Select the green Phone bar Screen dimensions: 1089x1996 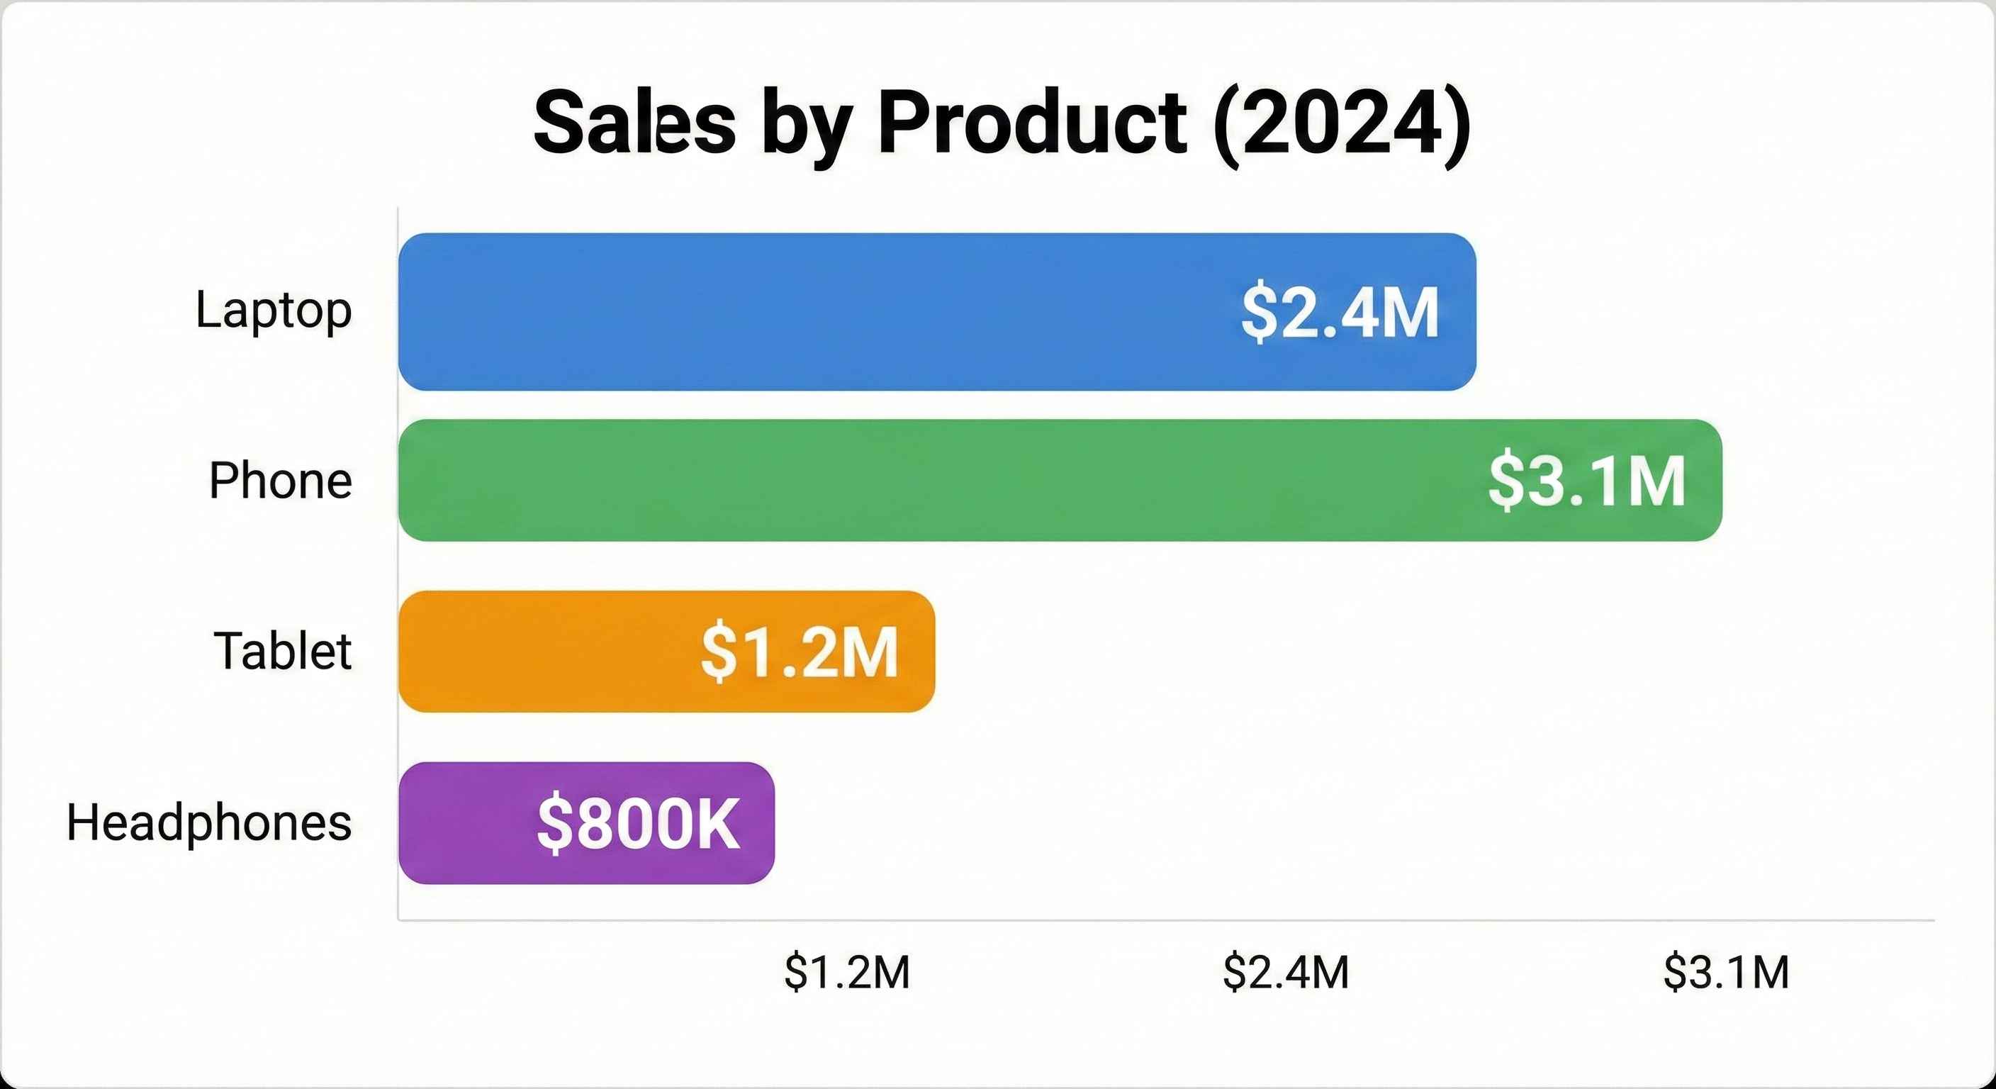(930, 480)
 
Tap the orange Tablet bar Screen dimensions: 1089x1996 (542, 651)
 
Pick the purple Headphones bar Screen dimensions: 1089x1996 (465, 822)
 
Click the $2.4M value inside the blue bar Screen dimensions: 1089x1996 (1340, 313)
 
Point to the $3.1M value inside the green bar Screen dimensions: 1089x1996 (1586, 481)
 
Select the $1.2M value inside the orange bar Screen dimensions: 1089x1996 (799, 653)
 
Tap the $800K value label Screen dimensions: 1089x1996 (638, 824)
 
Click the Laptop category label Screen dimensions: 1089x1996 (274, 310)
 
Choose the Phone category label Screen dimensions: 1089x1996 (281, 481)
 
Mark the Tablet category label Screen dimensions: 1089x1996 (282, 651)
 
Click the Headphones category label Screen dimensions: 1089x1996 (209, 822)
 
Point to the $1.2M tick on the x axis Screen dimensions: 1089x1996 (847, 972)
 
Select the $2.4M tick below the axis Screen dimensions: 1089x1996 (1286, 972)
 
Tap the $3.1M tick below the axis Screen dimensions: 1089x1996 (1727, 972)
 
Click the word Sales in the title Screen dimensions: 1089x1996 (634, 124)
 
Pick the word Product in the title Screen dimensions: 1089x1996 (1031, 124)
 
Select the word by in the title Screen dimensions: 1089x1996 (807, 128)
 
